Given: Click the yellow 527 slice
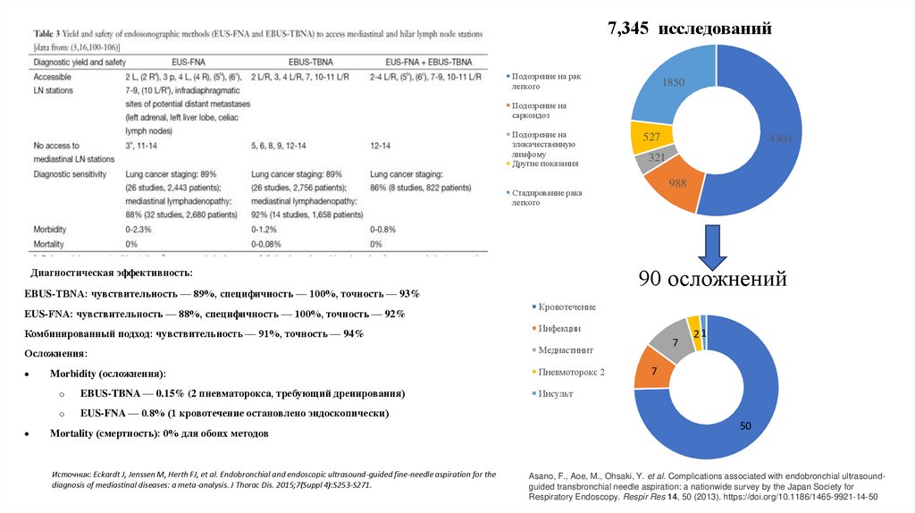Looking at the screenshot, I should (651, 138).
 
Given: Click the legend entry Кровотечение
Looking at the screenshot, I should (566, 307).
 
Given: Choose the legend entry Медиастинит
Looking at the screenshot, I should (566, 350).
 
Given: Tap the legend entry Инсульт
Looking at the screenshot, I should (556, 393).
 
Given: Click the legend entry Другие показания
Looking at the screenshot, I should (546, 164).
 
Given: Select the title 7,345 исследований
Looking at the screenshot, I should (689, 29).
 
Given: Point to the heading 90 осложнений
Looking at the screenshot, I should (712, 280).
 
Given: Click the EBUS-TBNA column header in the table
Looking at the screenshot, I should (284, 62).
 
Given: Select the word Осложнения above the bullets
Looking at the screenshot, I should (56, 354).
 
